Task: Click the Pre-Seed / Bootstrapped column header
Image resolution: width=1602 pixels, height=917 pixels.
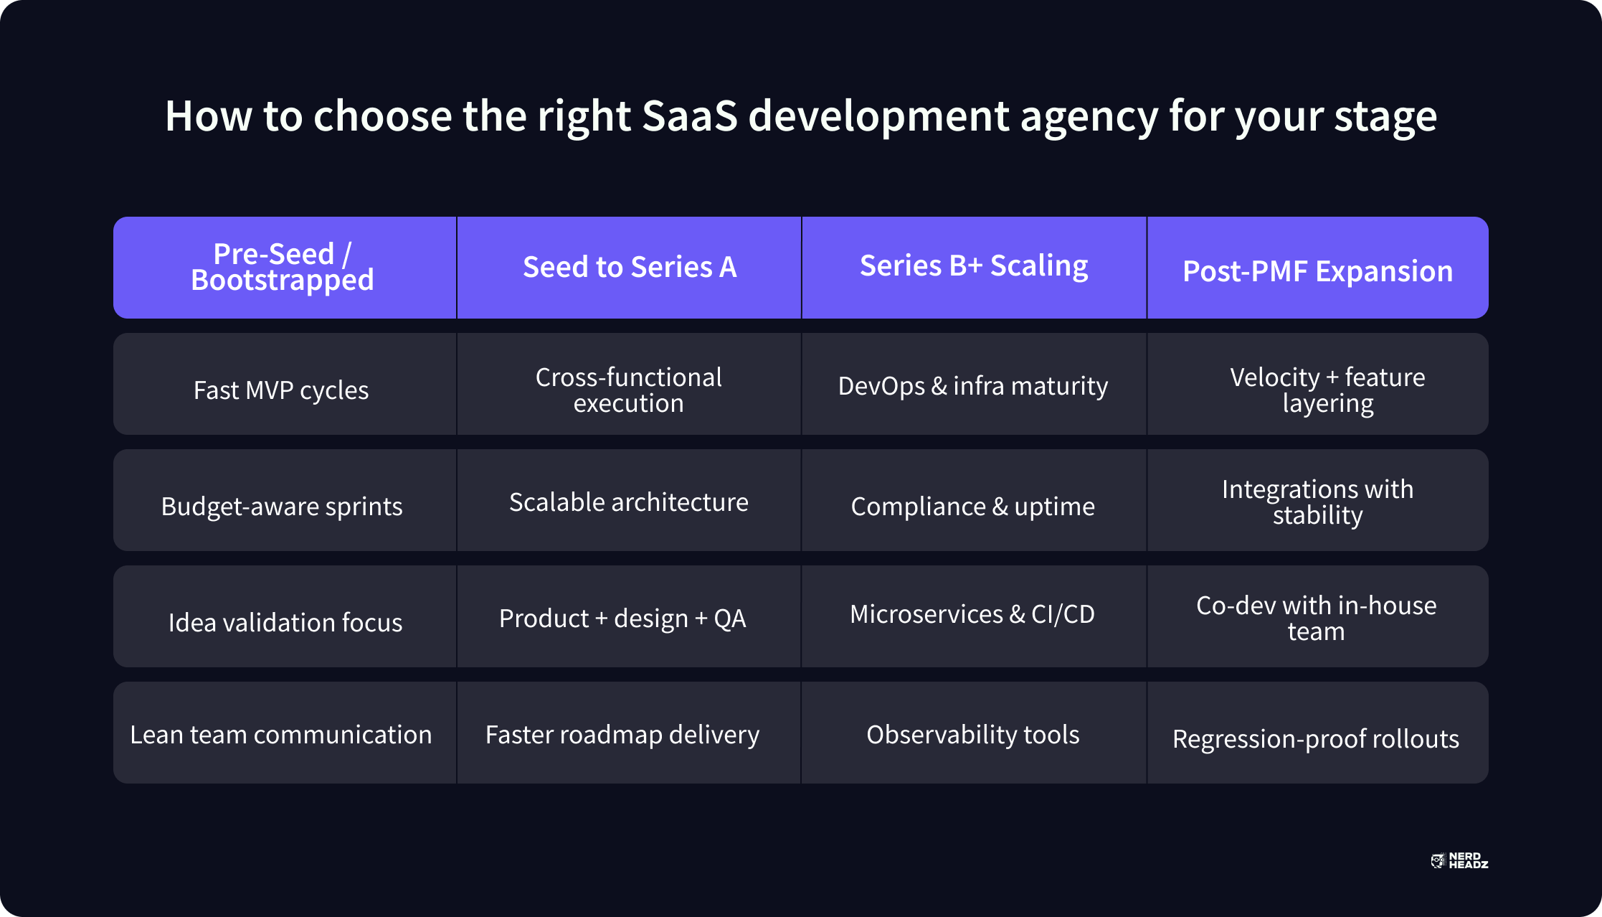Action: click(285, 268)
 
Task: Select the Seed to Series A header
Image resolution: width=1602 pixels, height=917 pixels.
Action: click(629, 268)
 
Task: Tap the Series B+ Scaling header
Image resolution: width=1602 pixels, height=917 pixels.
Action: click(974, 268)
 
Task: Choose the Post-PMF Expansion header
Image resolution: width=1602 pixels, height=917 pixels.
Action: click(1318, 268)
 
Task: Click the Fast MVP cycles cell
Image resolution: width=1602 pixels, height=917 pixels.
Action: click(285, 384)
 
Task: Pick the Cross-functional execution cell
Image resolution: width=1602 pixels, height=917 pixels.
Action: click(629, 384)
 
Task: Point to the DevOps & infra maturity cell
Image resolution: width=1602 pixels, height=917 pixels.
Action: click(974, 384)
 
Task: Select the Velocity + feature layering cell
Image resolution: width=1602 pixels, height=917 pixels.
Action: click(1318, 384)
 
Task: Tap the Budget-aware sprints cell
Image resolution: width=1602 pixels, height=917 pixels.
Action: click(285, 500)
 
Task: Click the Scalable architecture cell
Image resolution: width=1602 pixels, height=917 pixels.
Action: click(629, 500)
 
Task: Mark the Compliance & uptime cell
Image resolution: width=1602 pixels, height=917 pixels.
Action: click(974, 500)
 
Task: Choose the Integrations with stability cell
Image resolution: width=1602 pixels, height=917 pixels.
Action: click(1318, 500)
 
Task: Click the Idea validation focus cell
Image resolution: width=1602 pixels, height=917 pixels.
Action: click(285, 616)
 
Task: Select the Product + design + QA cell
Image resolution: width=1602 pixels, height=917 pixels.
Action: click(629, 616)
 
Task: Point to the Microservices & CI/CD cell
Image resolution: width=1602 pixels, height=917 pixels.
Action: click(974, 616)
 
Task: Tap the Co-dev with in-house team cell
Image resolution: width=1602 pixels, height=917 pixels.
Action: click(1318, 616)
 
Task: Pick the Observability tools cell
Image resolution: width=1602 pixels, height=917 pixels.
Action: click(974, 733)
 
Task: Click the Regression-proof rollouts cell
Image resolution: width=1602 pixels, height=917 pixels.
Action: click(1318, 733)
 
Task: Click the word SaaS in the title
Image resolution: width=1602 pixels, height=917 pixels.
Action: click(689, 116)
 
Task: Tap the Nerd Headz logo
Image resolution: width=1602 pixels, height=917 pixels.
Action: click(1459, 860)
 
